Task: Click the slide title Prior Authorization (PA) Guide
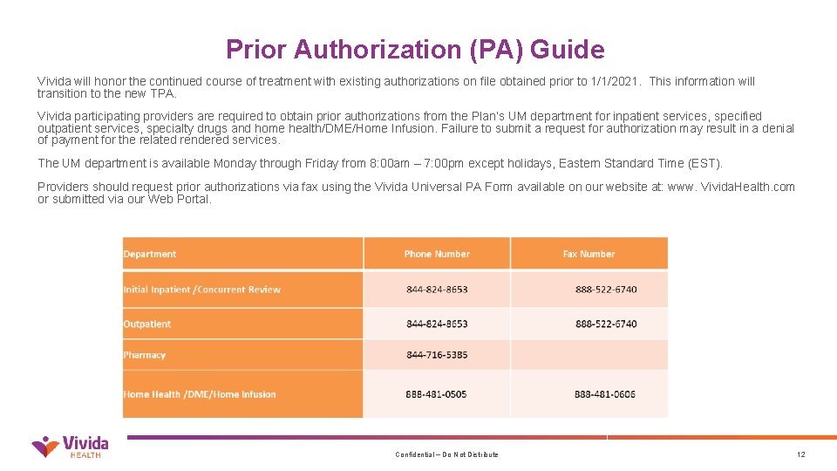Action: (x=415, y=50)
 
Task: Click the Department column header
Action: (x=150, y=254)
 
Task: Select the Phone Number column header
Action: (x=437, y=254)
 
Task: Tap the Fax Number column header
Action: (x=589, y=254)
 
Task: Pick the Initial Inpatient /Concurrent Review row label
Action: (x=202, y=290)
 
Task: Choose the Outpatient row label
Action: (x=147, y=324)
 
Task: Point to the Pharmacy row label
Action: (x=145, y=355)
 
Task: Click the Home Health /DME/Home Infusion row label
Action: (x=200, y=394)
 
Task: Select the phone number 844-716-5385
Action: (x=437, y=355)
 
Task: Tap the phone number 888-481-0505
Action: (x=436, y=394)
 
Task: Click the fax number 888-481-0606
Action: (x=605, y=394)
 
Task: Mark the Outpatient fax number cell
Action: (x=606, y=324)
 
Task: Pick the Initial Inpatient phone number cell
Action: (x=437, y=290)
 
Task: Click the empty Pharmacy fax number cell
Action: (x=589, y=355)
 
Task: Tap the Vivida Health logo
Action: (x=70, y=446)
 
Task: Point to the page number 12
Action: (x=801, y=454)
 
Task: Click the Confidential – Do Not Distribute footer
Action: (x=446, y=454)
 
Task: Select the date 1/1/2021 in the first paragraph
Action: (x=614, y=81)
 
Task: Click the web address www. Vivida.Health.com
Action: (x=731, y=187)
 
